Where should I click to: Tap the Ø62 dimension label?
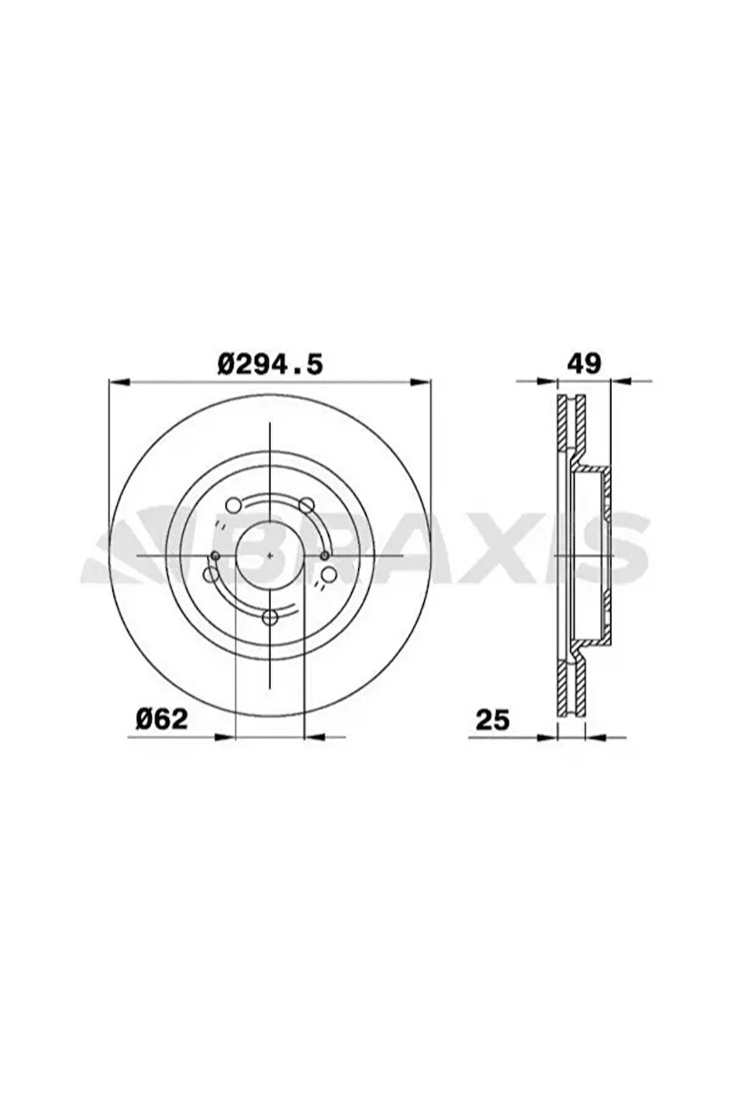click(x=162, y=719)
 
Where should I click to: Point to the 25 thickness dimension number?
click(x=492, y=720)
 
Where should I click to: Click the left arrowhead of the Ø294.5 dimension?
click(x=118, y=382)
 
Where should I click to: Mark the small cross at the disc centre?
click(x=269, y=556)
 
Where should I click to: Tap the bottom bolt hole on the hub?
click(x=270, y=617)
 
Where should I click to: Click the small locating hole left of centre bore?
click(x=215, y=556)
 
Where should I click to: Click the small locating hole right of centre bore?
click(x=325, y=556)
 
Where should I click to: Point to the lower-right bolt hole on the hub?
click(x=328, y=575)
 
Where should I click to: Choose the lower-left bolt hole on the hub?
click(x=211, y=575)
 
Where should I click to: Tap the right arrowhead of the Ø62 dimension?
click(x=315, y=737)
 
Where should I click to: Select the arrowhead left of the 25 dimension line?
click(x=548, y=737)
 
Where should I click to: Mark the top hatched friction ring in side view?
click(x=571, y=421)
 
